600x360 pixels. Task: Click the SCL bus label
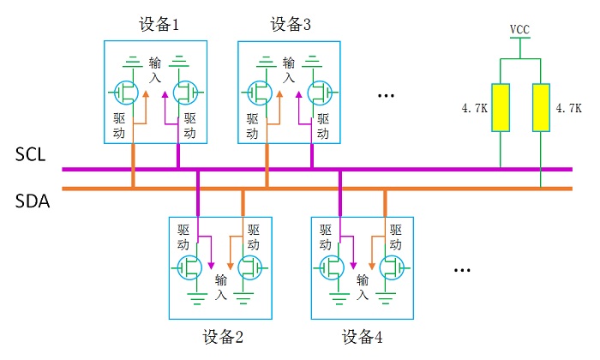click(30, 155)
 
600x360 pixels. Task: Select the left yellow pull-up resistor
click(499, 107)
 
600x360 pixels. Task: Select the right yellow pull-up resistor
click(541, 107)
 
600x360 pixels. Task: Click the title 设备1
click(159, 25)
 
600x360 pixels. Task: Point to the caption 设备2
click(224, 336)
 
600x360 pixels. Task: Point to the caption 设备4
click(362, 336)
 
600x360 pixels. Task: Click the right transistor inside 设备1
click(186, 90)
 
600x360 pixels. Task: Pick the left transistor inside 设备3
click(259, 90)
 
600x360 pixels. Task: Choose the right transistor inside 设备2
click(250, 268)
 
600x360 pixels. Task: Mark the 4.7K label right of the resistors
click(569, 109)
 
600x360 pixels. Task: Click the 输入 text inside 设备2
click(221, 287)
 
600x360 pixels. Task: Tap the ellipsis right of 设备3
click(386, 95)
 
